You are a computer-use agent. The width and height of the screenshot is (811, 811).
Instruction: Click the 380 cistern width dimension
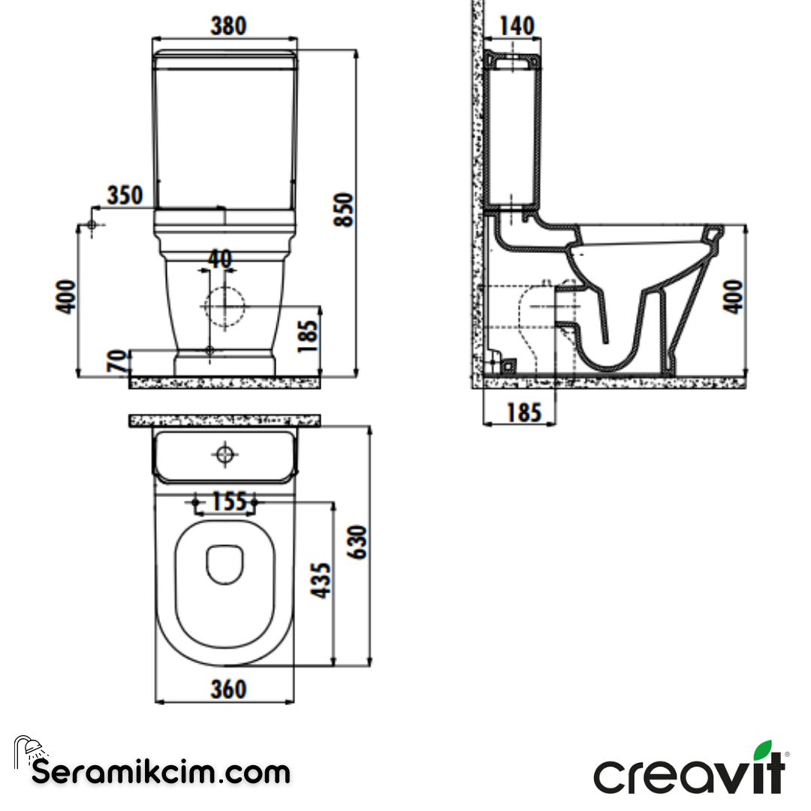click(x=227, y=26)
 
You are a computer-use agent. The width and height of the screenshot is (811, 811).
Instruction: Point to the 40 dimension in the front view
click(x=219, y=259)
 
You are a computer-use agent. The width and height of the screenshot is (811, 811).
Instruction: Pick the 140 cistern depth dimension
click(x=517, y=26)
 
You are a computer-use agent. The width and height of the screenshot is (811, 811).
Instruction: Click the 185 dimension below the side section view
click(x=523, y=412)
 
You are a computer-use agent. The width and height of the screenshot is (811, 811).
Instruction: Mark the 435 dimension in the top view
click(x=321, y=580)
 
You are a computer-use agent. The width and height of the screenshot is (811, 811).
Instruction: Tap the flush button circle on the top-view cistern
click(x=225, y=454)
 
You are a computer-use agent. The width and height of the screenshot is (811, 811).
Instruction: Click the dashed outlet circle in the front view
click(x=224, y=307)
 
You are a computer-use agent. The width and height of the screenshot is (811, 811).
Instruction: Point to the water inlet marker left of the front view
click(x=92, y=225)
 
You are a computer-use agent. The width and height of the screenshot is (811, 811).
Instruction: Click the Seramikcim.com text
click(x=161, y=771)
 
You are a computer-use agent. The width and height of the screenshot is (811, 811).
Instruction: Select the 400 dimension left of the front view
click(x=68, y=296)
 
